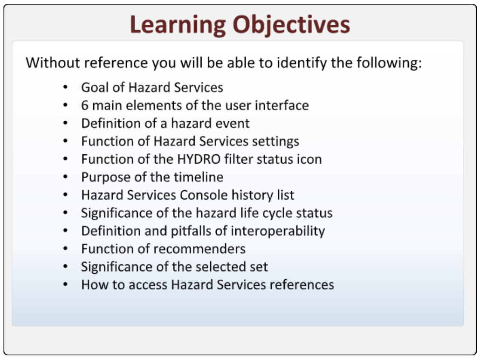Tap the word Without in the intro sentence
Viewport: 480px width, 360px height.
click(53, 63)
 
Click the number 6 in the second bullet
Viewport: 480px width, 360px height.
click(85, 105)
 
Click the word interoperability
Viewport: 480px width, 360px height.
click(278, 231)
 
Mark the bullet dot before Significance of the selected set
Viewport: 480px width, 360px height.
click(65, 267)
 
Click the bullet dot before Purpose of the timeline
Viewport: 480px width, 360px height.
click(65, 177)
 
